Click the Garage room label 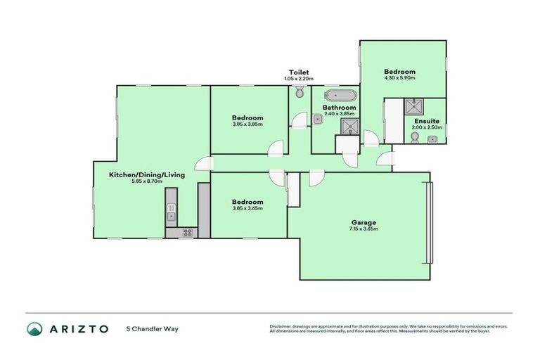point(363,221)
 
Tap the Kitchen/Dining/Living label point(146,174)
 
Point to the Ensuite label point(427,121)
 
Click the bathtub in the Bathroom point(340,96)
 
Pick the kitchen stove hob point(188,232)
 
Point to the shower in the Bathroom point(349,127)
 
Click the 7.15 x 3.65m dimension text point(363,229)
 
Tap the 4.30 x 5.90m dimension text point(399,78)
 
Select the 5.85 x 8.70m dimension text point(146,182)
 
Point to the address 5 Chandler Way point(152,328)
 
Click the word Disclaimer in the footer point(281,326)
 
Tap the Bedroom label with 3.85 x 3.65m point(248,201)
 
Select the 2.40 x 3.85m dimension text point(338,114)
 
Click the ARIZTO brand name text point(79,328)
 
